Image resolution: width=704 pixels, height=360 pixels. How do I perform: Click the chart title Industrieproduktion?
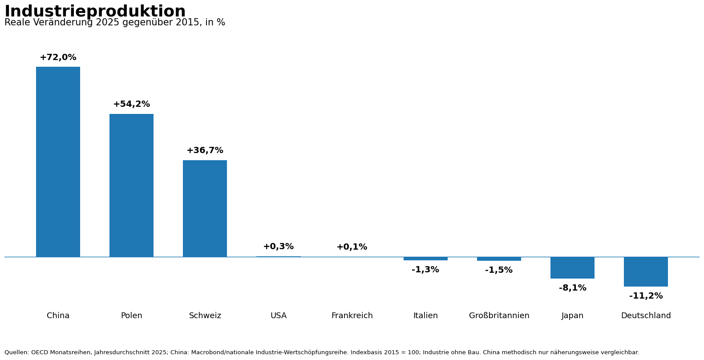(x=95, y=11)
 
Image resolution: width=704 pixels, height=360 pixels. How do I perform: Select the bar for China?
(x=58, y=162)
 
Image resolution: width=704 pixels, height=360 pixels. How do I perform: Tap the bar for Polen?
(x=131, y=186)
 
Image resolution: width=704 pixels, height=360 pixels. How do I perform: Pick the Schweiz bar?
(x=205, y=209)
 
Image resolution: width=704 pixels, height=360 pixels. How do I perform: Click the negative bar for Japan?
(x=572, y=267)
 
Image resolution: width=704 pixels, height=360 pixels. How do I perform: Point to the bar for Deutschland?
(x=646, y=271)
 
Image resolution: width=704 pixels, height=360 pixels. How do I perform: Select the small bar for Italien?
(x=425, y=259)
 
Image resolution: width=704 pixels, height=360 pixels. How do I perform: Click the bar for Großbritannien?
(x=499, y=259)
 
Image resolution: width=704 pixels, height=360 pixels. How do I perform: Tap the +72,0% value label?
(x=58, y=57)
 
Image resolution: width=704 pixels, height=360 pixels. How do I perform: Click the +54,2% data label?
(x=131, y=104)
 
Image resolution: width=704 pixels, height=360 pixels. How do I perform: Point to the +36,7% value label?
(x=205, y=150)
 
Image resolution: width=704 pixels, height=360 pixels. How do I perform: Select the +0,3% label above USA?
(x=279, y=247)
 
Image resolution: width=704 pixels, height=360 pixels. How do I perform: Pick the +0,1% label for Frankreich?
(x=352, y=247)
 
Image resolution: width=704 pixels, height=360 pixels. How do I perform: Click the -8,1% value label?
(x=573, y=288)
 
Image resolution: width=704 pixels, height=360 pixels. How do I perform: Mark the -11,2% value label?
(x=646, y=296)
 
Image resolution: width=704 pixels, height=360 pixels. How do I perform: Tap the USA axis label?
(x=279, y=316)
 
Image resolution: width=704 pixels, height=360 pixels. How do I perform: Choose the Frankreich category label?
(x=352, y=316)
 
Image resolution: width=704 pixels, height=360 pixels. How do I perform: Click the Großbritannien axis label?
(x=499, y=316)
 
